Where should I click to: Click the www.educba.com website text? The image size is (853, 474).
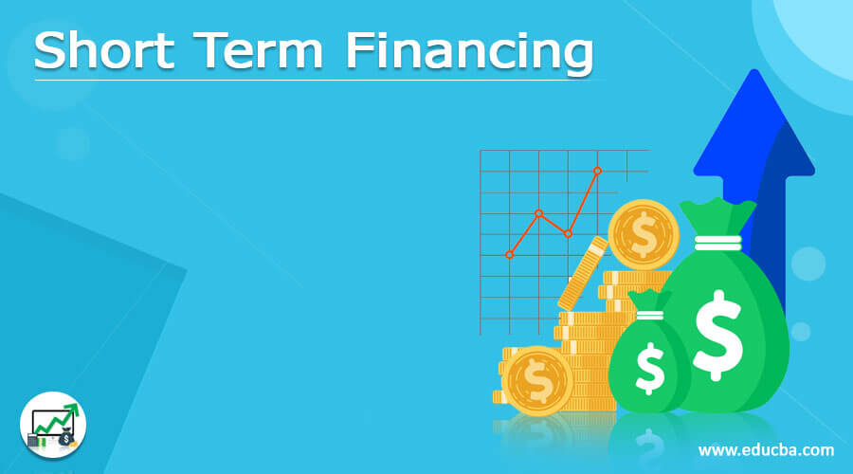(x=767, y=449)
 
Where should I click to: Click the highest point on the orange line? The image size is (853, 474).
(x=597, y=171)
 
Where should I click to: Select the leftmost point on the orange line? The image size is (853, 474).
(x=510, y=254)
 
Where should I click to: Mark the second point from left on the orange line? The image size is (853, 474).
(x=538, y=213)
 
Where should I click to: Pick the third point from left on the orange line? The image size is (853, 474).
(x=568, y=233)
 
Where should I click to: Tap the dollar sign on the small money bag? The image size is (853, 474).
(x=650, y=370)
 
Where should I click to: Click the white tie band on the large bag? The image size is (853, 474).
(x=717, y=242)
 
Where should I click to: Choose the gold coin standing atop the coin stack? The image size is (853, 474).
(x=644, y=233)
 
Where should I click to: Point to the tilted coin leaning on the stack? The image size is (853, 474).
(x=582, y=273)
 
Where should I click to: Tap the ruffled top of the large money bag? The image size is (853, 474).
(x=718, y=216)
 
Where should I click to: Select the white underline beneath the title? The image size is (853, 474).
(x=313, y=79)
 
